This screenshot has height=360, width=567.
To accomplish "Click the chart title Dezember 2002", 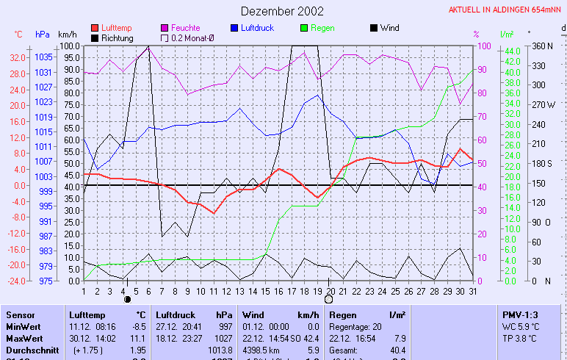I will [282, 11].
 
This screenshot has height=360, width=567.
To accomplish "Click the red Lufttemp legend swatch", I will [95, 28].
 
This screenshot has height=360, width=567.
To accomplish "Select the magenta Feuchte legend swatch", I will [165, 28].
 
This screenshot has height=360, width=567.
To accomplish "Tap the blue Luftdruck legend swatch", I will [234, 28].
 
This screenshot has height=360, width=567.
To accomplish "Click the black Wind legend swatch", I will [374, 28].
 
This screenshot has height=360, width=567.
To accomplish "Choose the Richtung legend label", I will [118, 37].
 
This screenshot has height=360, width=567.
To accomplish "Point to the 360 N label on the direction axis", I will [543, 46].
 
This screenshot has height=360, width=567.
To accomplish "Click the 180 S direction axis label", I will [543, 163].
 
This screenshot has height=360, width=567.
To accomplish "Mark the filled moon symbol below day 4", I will [127, 300].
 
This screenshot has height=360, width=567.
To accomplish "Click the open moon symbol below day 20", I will [328, 299].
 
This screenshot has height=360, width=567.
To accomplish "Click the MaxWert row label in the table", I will [22, 339].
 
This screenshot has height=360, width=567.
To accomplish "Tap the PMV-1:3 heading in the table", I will [519, 314].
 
